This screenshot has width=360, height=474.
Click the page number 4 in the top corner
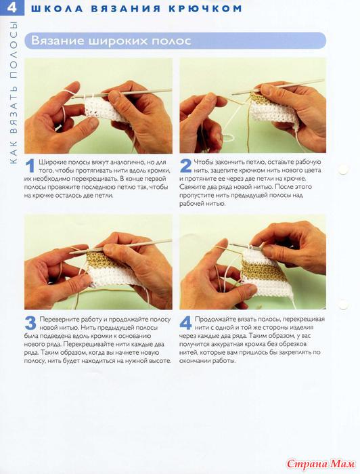12,7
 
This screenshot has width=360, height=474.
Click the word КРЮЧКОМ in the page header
205,8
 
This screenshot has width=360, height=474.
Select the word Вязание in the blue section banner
58,41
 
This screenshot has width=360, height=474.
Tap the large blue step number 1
30,167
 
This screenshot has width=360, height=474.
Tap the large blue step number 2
185,166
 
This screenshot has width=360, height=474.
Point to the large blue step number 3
30,323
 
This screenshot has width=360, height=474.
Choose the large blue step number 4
185,323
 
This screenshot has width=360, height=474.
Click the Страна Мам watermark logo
321,463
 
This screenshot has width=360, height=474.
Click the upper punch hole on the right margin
343,169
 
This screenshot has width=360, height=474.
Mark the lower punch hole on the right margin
343,305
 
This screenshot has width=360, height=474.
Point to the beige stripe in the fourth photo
263,270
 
